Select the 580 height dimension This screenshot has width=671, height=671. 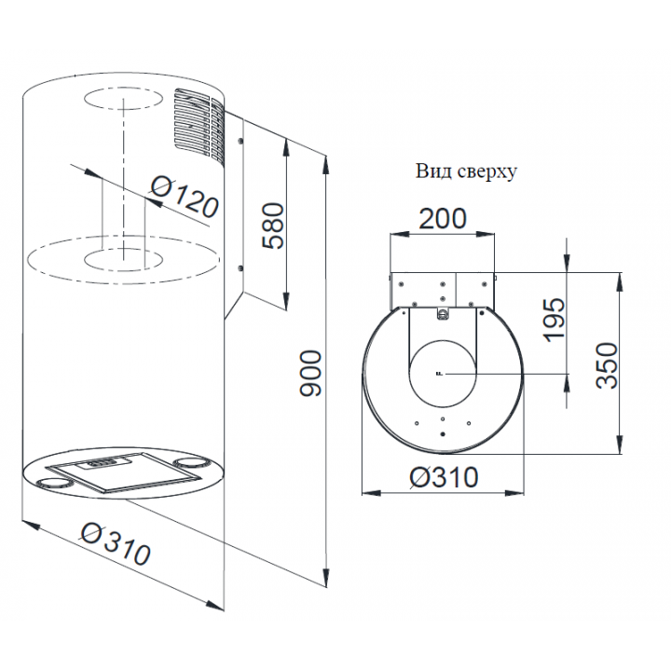(273, 226)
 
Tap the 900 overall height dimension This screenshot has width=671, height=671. (309, 373)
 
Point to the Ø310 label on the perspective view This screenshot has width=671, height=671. (116, 543)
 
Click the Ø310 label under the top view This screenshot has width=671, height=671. (444, 477)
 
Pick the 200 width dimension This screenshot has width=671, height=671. (442, 219)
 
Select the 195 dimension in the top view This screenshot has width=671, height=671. (554, 320)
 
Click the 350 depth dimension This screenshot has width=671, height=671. (607, 365)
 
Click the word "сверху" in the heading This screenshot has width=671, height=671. (487, 172)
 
